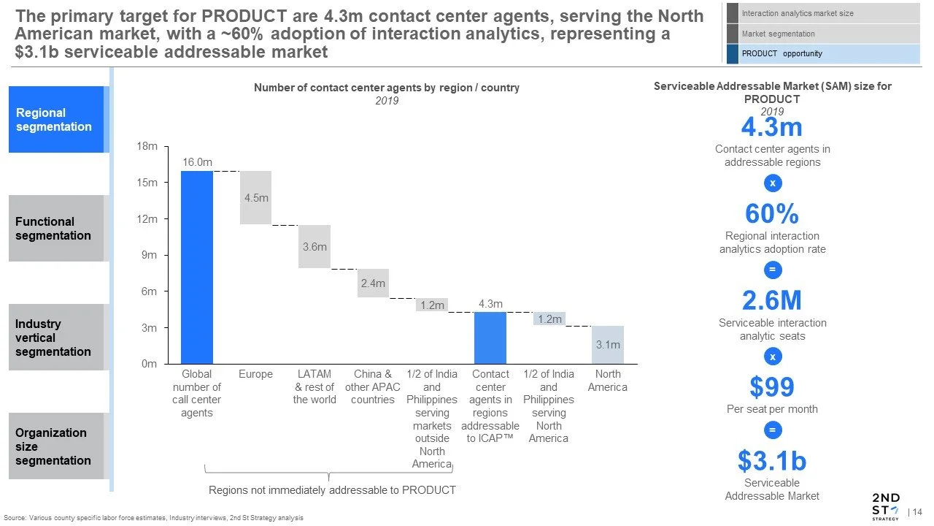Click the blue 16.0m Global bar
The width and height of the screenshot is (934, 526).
pyautogui.click(x=197, y=267)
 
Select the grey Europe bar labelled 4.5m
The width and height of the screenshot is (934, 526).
pyautogui.click(x=255, y=197)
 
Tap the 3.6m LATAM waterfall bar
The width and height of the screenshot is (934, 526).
pyautogui.click(x=314, y=246)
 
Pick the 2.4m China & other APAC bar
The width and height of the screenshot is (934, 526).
pyautogui.click(x=373, y=283)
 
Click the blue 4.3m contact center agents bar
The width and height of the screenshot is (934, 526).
pyautogui.click(x=490, y=338)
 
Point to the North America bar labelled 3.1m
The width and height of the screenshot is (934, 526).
pyautogui.click(x=608, y=345)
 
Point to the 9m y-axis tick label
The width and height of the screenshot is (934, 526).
pyautogui.click(x=149, y=255)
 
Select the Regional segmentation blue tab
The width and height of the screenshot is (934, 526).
pyautogui.click(x=56, y=119)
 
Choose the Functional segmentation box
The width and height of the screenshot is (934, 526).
pyautogui.click(x=56, y=229)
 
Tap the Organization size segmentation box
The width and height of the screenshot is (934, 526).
pyautogui.click(x=56, y=446)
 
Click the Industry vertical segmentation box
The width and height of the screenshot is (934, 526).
pyautogui.click(x=56, y=337)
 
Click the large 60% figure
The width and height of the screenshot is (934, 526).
pyautogui.click(x=772, y=214)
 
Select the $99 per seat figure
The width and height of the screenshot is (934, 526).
pyautogui.click(x=772, y=386)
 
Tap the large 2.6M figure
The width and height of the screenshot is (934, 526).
pyautogui.click(x=772, y=300)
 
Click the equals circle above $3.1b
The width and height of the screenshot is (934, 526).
pyautogui.click(x=773, y=430)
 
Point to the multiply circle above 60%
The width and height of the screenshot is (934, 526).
pyautogui.click(x=773, y=183)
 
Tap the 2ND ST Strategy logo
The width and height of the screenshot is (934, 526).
pyautogui.click(x=887, y=507)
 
